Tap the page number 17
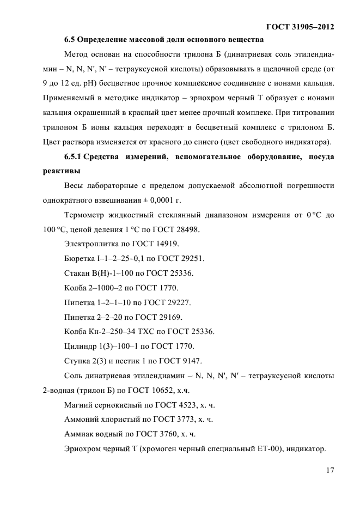pos(328,470)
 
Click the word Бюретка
pos(80,258)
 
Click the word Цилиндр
pos(81,346)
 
